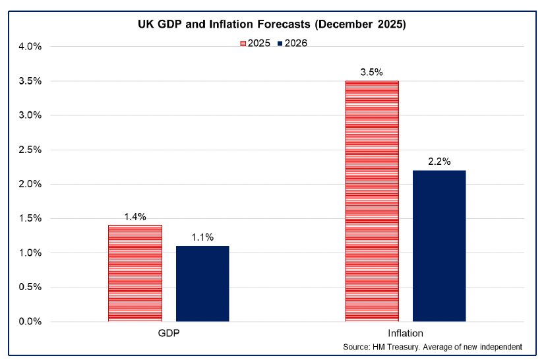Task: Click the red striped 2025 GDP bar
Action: coord(135,273)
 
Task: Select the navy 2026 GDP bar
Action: coord(202,284)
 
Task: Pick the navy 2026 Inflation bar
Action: coord(439,245)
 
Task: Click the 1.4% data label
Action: coord(135,216)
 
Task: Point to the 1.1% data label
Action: coord(202,237)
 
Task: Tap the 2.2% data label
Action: coord(439,162)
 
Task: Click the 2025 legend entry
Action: coord(254,43)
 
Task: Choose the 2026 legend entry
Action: coord(293,43)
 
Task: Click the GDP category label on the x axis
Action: coord(168,333)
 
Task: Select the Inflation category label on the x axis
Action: coord(406,333)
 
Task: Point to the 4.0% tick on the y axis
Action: coord(28,47)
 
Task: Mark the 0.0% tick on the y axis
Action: coord(28,322)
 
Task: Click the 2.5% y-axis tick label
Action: coord(28,150)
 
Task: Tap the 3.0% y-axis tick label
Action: coord(28,115)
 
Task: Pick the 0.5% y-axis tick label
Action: coord(28,287)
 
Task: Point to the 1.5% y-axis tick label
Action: coord(28,219)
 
